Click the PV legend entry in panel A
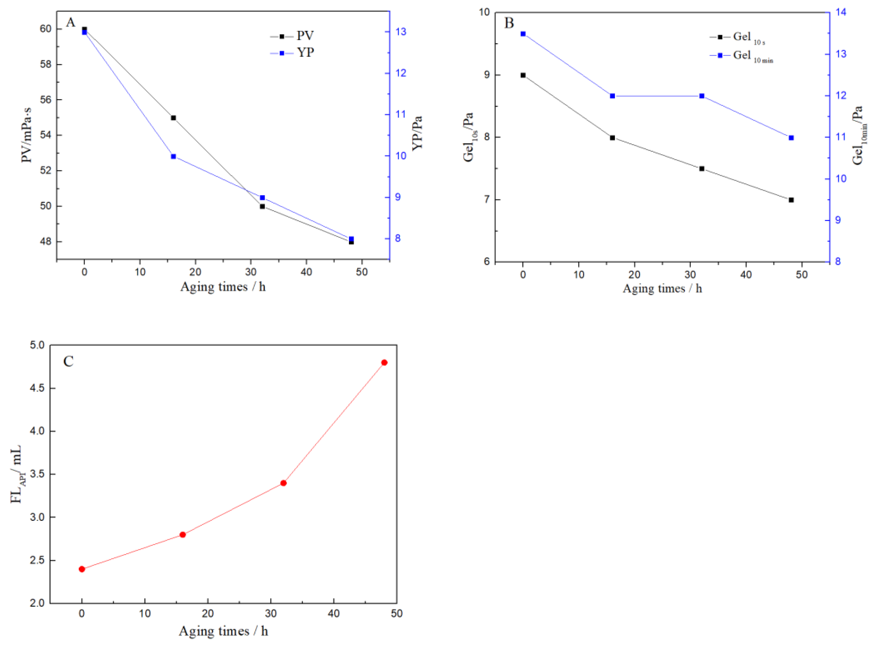(292, 36)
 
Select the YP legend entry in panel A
(292, 52)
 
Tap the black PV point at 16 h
(173, 118)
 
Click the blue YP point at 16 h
(173, 156)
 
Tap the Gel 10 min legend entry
(741, 56)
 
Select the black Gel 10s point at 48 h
(791, 200)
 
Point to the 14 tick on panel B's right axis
(841, 12)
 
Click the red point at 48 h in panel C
(384, 363)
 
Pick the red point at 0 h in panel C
(82, 569)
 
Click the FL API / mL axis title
(16, 474)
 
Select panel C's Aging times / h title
(223, 631)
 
